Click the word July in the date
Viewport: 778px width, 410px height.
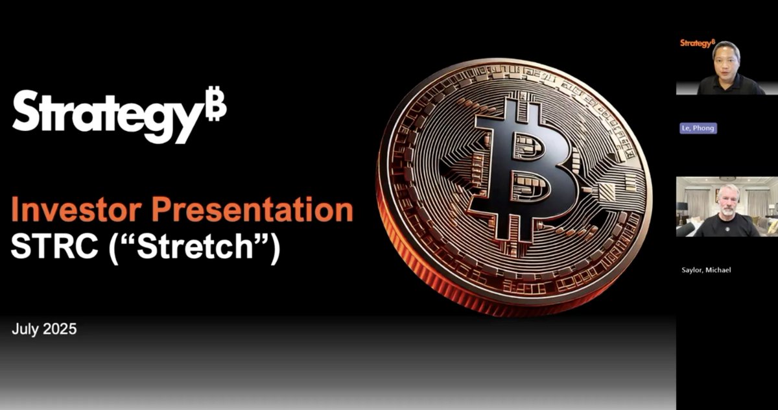tap(26, 330)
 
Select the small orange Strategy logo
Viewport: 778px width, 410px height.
tap(697, 43)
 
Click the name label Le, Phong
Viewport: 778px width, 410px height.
tap(697, 128)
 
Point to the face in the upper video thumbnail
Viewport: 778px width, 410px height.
tap(725, 58)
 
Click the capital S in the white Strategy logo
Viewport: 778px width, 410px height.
tap(29, 114)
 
